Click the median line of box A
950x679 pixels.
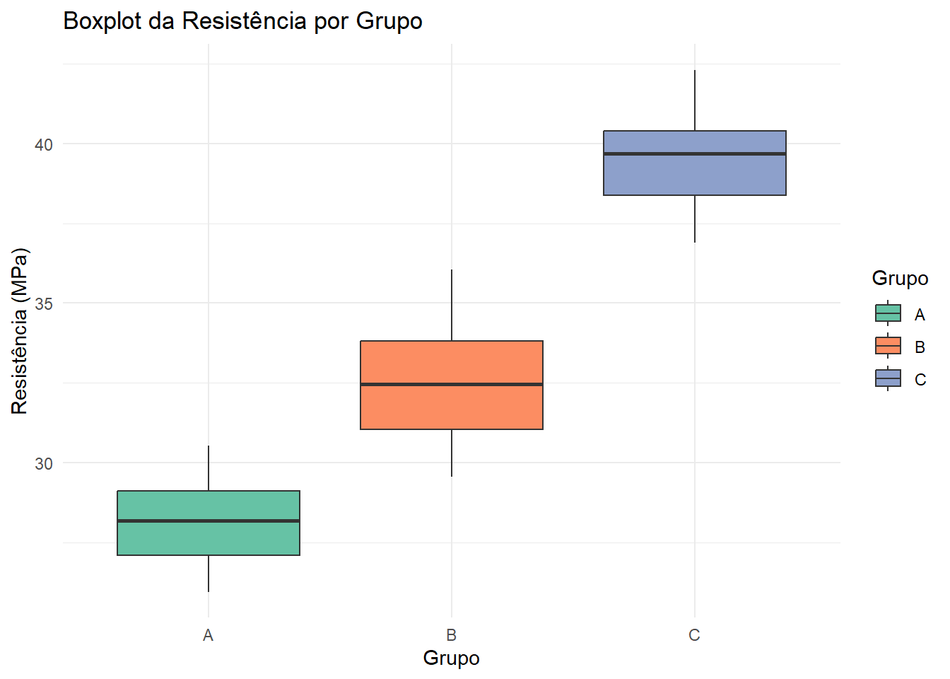click(x=209, y=521)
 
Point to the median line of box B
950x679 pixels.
click(x=451, y=385)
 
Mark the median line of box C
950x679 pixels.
click(x=694, y=153)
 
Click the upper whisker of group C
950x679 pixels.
click(x=694, y=100)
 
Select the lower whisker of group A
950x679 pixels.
click(x=209, y=574)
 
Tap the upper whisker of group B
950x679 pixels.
click(x=451, y=305)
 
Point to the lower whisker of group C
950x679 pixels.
click(x=694, y=219)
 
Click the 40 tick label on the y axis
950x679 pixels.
click(x=44, y=145)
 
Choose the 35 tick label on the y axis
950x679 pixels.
click(x=44, y=304)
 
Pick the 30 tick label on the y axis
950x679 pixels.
click(x=44, y=464)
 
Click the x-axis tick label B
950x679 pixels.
click(x=451, y=635)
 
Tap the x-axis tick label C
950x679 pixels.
click(x=694, y=635)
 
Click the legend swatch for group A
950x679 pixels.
click(x=888, y=313)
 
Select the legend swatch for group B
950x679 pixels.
click(x=888, y=346)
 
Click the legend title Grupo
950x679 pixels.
click(x=900, y=279)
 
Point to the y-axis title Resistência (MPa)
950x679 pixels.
click(x=19, y=331)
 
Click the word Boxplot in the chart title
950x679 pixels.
click(x=102, y=21)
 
